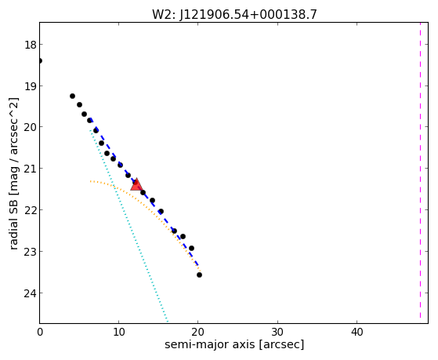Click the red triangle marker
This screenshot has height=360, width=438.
(136, 184)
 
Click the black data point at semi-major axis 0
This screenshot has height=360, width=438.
(40, 60)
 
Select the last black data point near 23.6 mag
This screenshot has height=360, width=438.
(199, 275)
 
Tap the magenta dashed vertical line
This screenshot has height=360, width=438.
(420, 171)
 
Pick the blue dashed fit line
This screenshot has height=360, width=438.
(144, 192)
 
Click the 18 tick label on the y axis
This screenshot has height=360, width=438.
(31, 45)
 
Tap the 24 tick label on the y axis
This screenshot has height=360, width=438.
(31, 293)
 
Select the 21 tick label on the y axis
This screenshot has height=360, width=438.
(31, 169)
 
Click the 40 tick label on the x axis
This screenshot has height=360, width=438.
(357, 333)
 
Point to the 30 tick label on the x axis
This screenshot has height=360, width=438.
(277, 333)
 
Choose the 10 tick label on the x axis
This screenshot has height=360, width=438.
(119, 333)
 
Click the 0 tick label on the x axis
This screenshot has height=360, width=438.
(40, 333)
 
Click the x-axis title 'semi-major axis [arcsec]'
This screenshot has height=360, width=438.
(234, 345)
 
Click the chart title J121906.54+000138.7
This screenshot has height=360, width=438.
(248, 15)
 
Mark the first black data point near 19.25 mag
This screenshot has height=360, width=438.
(72, 96)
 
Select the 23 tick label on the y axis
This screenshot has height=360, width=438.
(31, 252)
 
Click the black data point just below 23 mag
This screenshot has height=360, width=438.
(191, 248)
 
